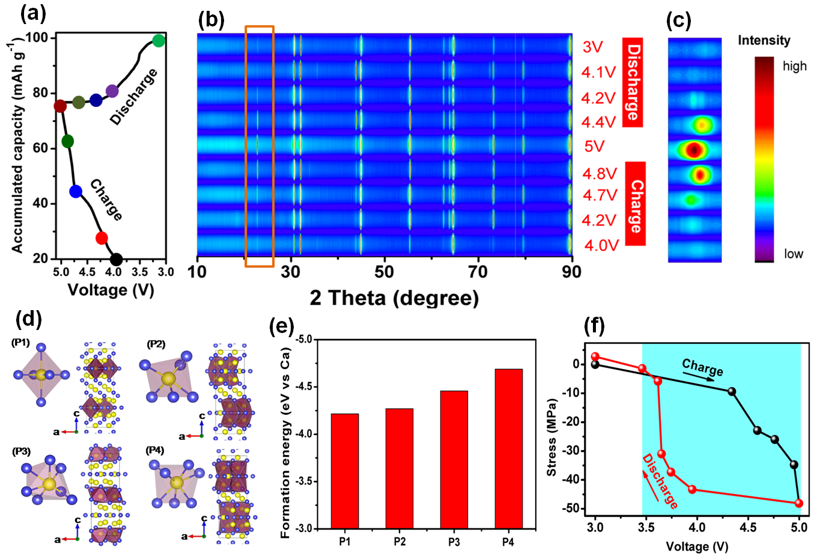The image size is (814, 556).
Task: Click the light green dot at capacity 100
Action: [x=159, y=41]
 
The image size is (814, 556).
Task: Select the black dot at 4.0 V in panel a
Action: [x=116, y=260]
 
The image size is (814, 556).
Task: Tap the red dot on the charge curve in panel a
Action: [x=102, y=238]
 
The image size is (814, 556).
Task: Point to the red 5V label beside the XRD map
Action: [x=594, y=147]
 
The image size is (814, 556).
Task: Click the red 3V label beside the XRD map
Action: [x=592, y=47]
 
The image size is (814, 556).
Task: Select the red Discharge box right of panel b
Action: [x=633, y=82]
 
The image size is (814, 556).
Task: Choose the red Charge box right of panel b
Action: [x=635, y=204]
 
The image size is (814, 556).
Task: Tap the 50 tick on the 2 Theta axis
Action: [x=384, y=272]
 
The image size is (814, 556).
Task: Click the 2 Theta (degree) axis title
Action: [x=394, y=298]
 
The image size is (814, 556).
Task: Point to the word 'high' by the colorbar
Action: [x=794, y=66]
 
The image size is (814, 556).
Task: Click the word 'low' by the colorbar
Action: [x=793, y=254]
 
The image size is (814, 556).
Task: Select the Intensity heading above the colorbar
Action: [x=764, y=40]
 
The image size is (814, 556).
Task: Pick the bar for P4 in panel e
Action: [x=508, y=448]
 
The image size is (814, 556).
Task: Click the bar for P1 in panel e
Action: [x=345, y=471]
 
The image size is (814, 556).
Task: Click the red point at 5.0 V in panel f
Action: [x=798, y=503]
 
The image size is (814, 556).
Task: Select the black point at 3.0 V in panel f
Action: [x=595, y=364]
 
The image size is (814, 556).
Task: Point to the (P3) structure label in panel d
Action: [x=21, y=452]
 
